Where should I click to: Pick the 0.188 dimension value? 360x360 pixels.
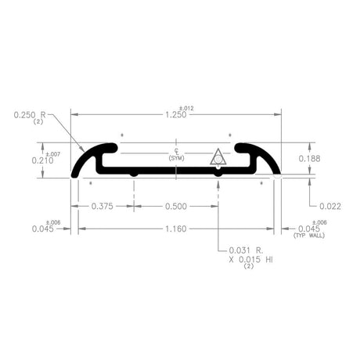click(310, 159)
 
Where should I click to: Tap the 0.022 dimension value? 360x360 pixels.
click(331, 207)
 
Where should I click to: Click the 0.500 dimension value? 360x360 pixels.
click(175, 207)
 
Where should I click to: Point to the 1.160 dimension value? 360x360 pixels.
click(176, 229)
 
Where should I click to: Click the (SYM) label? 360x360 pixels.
click(176, 158)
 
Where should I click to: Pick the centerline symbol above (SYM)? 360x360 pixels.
click(176, 150)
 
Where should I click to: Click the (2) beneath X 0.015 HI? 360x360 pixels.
click(249, 266)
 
